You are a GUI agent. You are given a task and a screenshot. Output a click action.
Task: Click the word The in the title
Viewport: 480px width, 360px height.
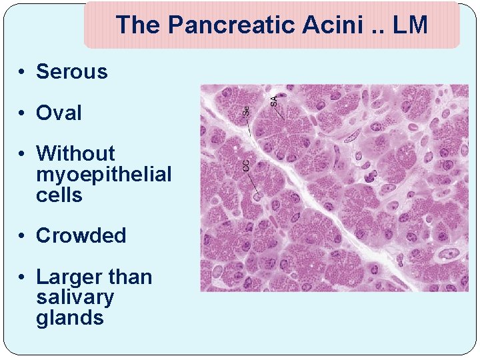[139, 25]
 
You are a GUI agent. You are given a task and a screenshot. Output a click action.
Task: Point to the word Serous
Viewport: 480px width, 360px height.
[71, 71]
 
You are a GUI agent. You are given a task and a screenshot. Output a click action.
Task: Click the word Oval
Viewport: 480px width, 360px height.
[59, 113]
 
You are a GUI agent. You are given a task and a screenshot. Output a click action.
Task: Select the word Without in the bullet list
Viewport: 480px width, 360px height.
[75, 154]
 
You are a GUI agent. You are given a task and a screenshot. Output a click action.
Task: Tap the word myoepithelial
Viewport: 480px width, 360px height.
[103, 175]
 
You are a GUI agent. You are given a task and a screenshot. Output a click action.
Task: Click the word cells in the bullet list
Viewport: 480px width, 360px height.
[59, 195]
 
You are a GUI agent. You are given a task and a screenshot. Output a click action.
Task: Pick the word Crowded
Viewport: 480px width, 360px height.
[81, 236]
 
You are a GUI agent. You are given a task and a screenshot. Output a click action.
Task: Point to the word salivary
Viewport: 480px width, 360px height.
[75, 297]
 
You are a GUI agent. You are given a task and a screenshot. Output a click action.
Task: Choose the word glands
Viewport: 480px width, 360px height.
[70, 318]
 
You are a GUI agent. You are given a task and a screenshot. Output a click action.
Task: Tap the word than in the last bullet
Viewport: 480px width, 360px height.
[130, 277]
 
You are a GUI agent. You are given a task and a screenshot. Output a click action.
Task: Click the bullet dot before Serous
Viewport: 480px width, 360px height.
[23, 72]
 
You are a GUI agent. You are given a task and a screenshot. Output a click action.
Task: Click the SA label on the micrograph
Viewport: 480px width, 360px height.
[273, 101]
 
